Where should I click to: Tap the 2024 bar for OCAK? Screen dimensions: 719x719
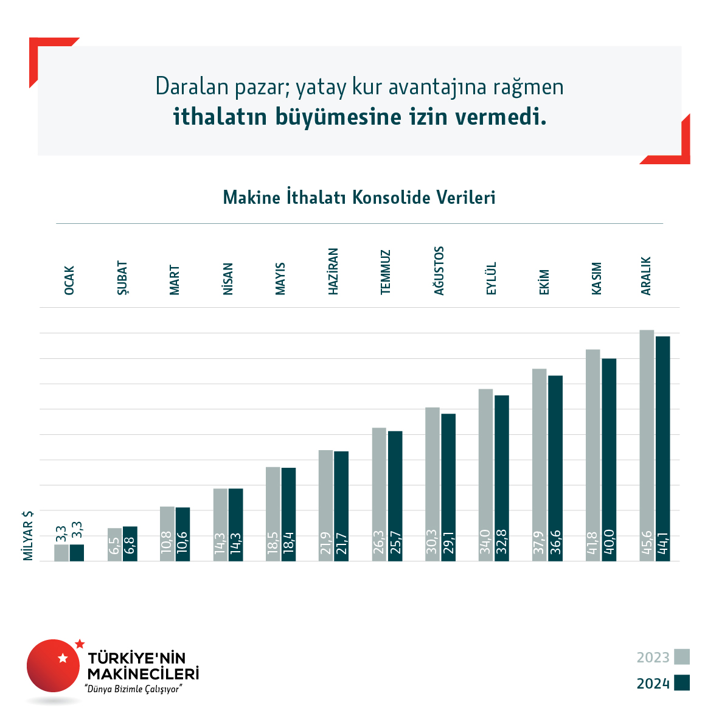77,552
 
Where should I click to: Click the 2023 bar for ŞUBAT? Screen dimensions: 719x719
114,544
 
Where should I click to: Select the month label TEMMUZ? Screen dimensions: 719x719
386,273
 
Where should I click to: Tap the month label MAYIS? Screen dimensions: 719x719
280,279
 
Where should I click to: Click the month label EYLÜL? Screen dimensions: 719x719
491,279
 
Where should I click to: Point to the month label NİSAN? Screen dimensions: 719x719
228,279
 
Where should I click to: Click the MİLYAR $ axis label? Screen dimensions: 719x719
28,535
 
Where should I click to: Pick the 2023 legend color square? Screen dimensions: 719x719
682,657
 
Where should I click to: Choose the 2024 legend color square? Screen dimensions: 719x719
682,683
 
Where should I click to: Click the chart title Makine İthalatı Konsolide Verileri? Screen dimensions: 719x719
359,198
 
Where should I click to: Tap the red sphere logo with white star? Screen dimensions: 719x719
54,665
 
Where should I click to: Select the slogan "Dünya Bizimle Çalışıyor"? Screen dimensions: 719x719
134,689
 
